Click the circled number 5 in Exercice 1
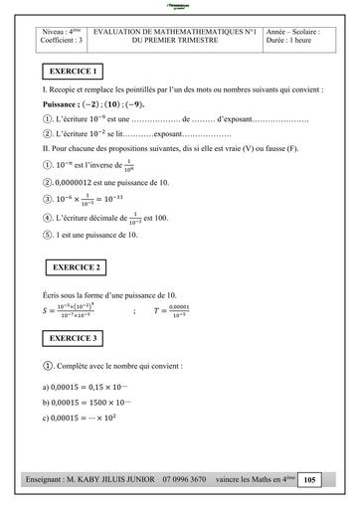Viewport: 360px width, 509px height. coord(49,235)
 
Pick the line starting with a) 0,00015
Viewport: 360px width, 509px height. coord(90,386)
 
